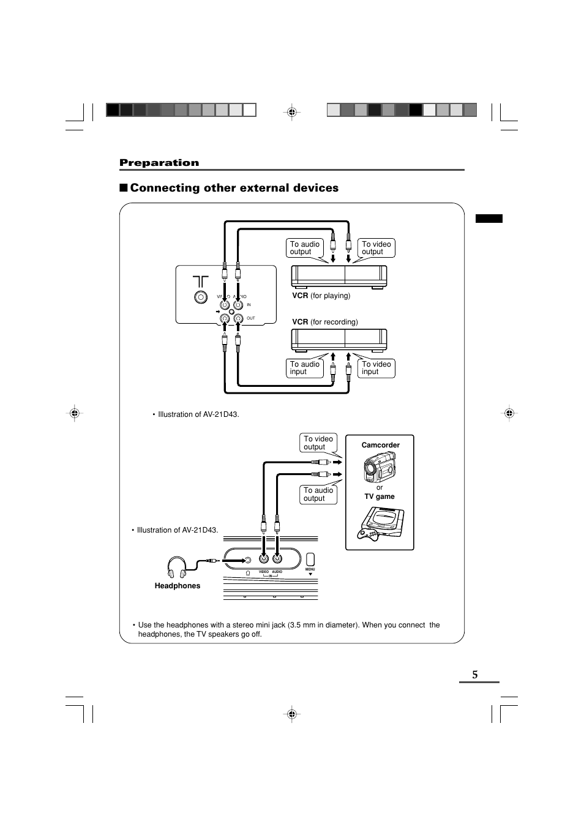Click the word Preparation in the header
coord(159,162)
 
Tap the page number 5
coord(474,675)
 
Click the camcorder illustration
coord(380,467)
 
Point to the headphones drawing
coord(178,567)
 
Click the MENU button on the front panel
coord(310,559)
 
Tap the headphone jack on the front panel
coord(248,559)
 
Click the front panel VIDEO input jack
coord(264,558)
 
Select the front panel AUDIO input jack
coord(277,558)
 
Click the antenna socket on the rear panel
coord(200,297)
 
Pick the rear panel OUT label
coord(250,318)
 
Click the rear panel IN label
coord(249,304)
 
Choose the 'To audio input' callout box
coord(305,368)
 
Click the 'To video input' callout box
coord(376,368)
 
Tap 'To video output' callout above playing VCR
coord(376,248)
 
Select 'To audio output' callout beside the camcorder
coord(318,494)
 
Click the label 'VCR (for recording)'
coord(324,322)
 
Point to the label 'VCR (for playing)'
coord(321,296)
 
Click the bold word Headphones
coord(178,586)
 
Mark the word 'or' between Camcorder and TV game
coord(380,487)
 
